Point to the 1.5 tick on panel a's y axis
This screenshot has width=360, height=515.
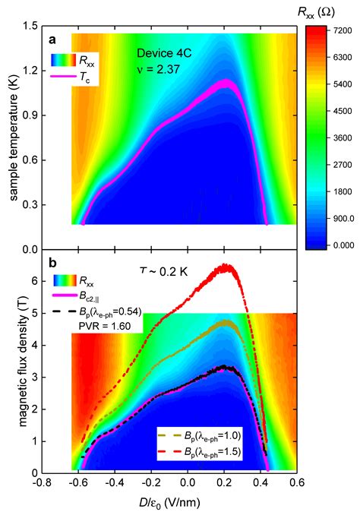pyautogui.click(x=31, y=26)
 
